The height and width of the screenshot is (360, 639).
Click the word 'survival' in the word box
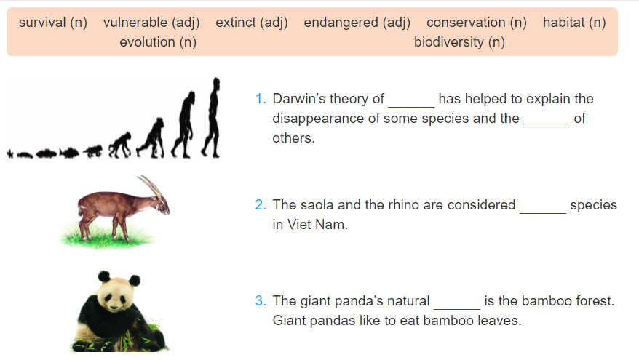(x=42, y=23)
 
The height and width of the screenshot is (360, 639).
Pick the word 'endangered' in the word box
(x=341, y=23)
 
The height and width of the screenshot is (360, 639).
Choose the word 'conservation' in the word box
(x=467, y=23)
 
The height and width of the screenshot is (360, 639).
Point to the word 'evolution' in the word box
(x=148, y=42)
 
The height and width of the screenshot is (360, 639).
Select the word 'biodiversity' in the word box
(x=449, y=42)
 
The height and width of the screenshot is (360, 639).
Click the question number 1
(x=261, y=99)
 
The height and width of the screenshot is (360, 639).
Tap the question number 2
(x=261, y=205)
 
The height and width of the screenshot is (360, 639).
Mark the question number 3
(x=261, y=301)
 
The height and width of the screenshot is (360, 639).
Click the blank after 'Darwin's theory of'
(x=411, y=107)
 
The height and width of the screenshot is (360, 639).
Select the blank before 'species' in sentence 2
(x=543, y=212)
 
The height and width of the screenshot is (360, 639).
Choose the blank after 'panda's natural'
(x=457, y=308)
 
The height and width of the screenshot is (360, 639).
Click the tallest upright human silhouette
(x=212, y=117)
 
